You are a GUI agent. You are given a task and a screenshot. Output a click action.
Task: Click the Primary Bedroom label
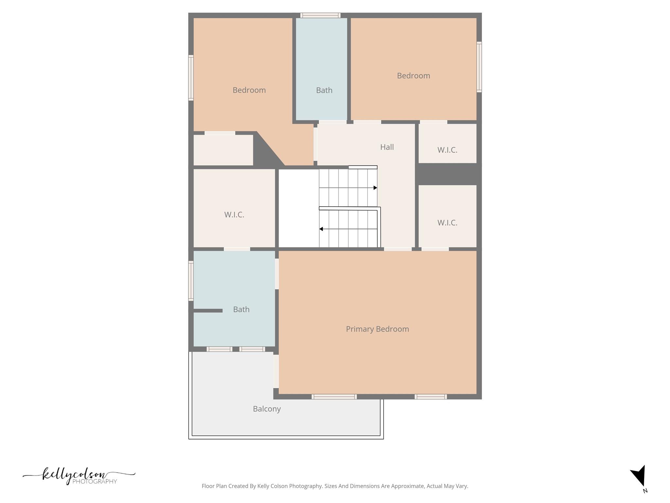[x=377, y=329]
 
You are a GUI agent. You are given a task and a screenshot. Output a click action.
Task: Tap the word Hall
[x=387, y=147]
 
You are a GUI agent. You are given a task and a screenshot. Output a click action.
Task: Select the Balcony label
[x=267, y=409]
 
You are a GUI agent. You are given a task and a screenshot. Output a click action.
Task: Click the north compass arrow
[x=639, y=476]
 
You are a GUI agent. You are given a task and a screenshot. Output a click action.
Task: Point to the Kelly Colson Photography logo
[x=79, y=476]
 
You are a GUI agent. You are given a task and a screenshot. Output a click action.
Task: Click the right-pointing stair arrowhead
[x=375, y=188]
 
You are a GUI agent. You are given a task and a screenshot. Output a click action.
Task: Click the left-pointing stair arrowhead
[x=321, y=229]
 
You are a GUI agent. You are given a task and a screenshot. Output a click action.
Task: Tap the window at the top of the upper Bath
[x=320, y=15]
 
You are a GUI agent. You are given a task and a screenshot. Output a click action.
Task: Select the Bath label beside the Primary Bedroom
[x=241, y=309]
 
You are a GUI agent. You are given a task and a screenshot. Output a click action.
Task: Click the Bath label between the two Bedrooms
[x=324, y=90]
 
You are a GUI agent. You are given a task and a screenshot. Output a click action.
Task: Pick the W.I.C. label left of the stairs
[x=234, y=214]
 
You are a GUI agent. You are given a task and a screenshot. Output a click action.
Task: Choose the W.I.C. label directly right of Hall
[x=447, y=150]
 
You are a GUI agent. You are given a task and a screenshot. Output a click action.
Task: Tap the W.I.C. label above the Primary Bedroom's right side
[x=447, y=223]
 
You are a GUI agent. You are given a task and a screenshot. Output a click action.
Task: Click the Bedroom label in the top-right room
[x=413, y=76]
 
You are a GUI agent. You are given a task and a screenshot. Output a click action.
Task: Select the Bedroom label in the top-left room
[x=249, y=90]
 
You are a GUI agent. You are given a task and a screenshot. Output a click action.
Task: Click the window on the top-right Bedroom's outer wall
[x=479, y=67]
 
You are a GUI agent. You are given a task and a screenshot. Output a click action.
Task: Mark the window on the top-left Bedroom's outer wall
[x=191, y=78]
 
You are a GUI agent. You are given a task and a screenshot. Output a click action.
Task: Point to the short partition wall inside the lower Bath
[x=208, y=310]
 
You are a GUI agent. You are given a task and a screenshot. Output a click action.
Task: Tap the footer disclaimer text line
[x=335, y=486]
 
